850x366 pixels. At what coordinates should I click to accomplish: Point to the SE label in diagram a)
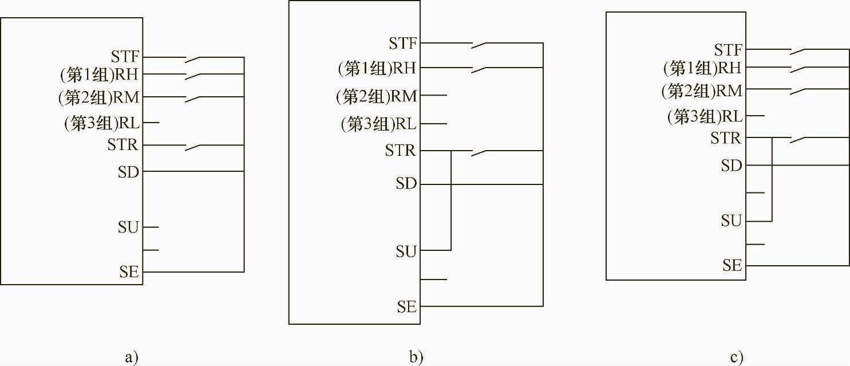click(x=129, y=271)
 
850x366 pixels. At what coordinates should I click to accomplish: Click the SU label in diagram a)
click(x=128, y=227)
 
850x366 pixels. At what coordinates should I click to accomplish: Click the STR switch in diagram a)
click(x=193, y=147)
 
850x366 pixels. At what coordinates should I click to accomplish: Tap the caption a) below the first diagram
click(x=132, y=358)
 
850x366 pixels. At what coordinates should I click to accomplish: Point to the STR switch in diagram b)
click(x=480, y=152)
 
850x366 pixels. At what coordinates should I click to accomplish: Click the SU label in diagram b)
click(x=406, y=250)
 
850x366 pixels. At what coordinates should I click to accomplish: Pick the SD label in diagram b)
click(x=406, y=184)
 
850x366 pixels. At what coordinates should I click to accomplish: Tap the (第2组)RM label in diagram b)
click(x=377, y=95)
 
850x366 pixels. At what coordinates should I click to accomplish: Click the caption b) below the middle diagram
click(x=416, y=358)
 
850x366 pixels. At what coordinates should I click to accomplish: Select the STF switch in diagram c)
click(x=799, y=52)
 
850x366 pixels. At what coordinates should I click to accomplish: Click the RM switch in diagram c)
click(x=799, y=91)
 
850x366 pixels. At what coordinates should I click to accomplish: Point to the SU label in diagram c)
click(x=731, y=221)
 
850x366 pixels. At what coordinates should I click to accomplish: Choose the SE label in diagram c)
click(x=732, y=265)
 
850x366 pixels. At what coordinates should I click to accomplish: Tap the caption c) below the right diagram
click(x=737, y=358)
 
